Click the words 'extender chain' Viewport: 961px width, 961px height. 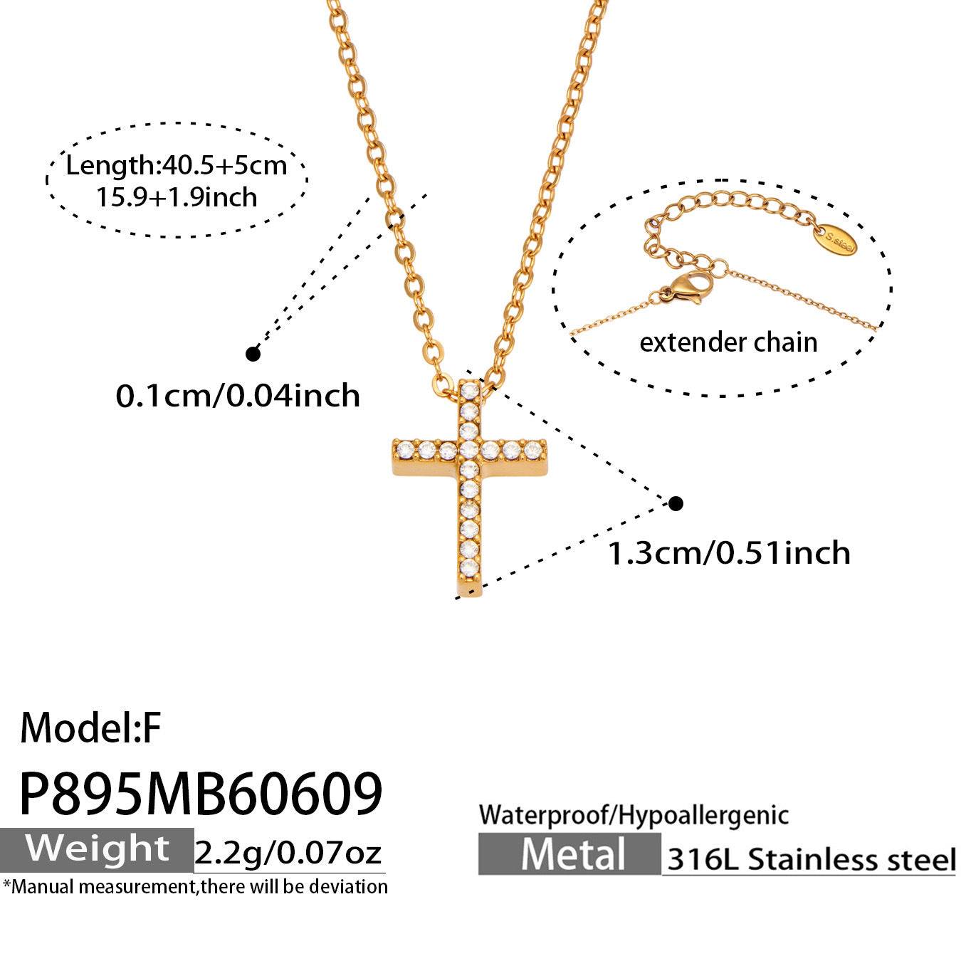pyautogui.click(x=729, y=342)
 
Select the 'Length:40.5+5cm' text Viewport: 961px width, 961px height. pyautogui.click(x=177, y=165)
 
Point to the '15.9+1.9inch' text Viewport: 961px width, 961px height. pyautogui.click(x=177, y=197)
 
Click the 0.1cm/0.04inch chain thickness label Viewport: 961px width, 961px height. pyautogui.click(x=238, y=396)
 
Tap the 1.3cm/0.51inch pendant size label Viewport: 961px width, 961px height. pyautogui.click(x=729, y=553)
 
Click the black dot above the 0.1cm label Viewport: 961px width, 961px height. pyautogui.click(x=253, y=354)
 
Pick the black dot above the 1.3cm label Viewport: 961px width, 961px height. pyautogui.click(x=676, y=504)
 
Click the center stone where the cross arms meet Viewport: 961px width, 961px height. pyautogui.click(x=469, y=451)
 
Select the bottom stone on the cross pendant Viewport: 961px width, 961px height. pyautogui.click(x=469, y=566)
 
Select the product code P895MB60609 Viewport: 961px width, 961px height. pyautogui.click(x=201, y=794)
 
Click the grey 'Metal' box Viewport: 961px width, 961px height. pyautogui.click(x=569, y=854)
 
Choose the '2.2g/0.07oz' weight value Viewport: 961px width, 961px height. pyautogui.click(x=288, y=853)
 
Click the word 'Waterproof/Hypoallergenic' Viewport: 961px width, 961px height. pyautogui.click(x=634, y=815)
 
